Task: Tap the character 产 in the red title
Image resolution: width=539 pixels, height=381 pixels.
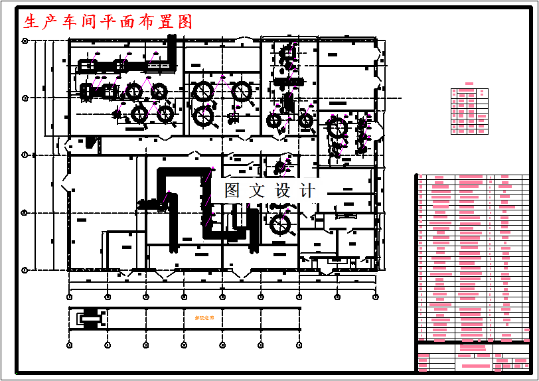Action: (50, 22)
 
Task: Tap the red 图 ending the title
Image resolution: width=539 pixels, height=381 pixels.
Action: (185, 22)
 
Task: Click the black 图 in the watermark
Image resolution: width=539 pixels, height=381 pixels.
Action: (232, 191)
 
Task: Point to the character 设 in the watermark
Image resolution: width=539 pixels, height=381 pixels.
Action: (282, 191)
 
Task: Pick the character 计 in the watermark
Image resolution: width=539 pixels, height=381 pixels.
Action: (307, 191)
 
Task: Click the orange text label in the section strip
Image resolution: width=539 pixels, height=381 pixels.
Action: (204, 319)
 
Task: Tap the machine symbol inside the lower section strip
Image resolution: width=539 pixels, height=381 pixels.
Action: (90, 319)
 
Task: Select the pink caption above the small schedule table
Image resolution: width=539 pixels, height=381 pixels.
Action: (469, 84)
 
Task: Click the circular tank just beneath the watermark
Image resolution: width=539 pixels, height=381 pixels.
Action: (281, 224)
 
